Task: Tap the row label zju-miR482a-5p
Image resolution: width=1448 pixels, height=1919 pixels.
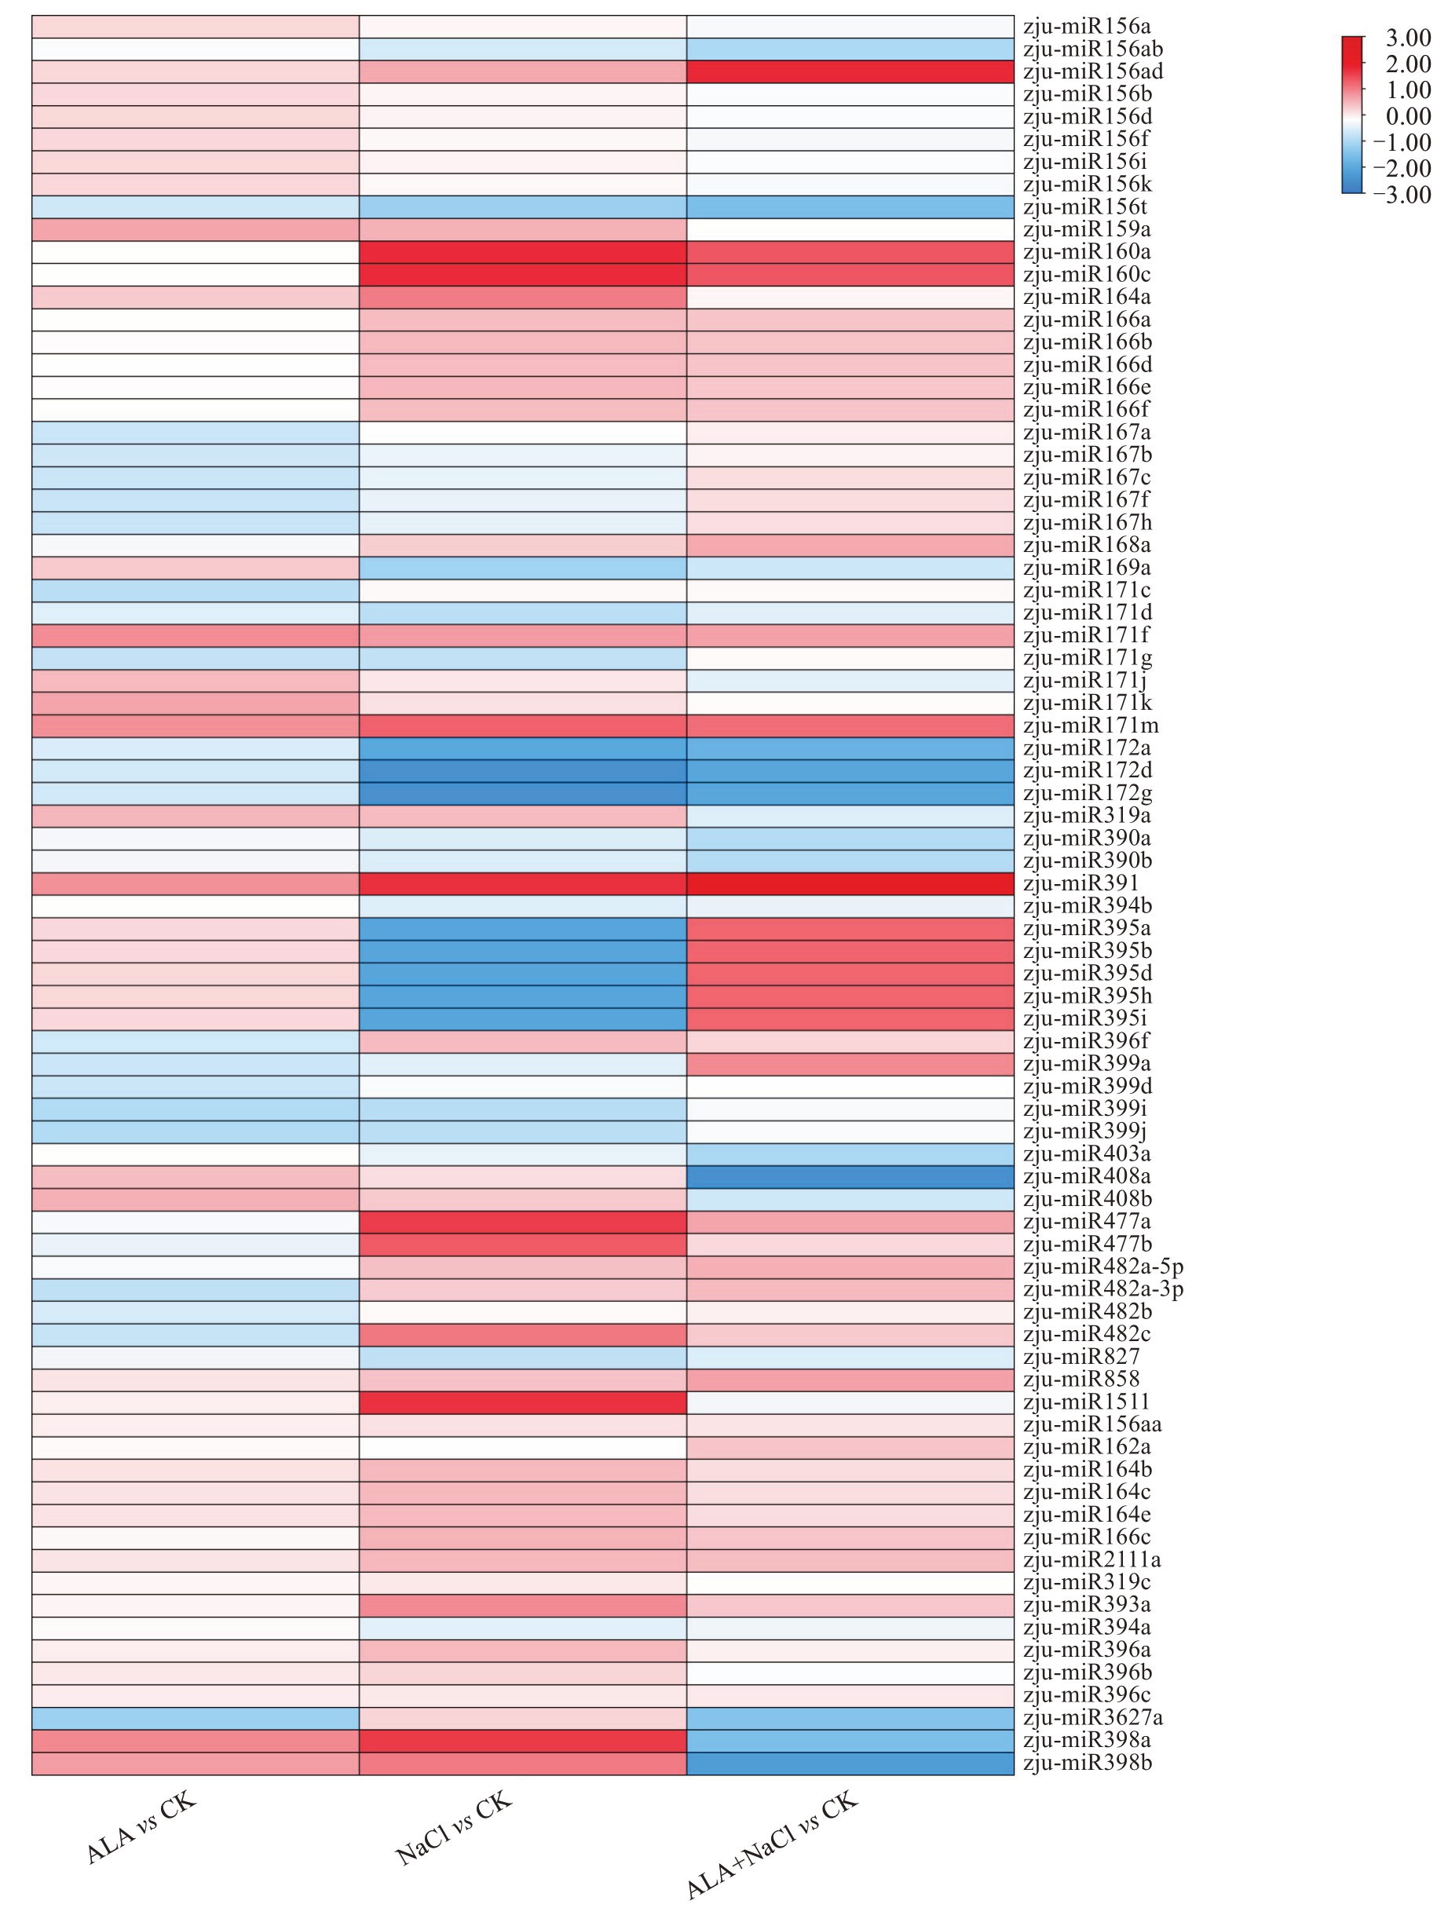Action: point(1102,1267)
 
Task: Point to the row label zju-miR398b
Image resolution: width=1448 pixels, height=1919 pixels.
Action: point(1087,1764)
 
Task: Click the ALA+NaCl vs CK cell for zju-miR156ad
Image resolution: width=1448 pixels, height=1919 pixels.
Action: point(850,72)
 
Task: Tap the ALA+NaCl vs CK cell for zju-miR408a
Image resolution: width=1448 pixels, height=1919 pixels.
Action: point(850,1177)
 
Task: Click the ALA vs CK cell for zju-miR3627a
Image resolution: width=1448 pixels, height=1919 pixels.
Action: point(196,1719)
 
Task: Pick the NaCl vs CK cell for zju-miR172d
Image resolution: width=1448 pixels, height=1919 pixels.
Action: point(522,771)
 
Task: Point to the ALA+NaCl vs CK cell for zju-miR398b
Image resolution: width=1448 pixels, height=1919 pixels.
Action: point(850,1764)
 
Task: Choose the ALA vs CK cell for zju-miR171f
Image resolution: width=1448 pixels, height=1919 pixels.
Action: point(196,636)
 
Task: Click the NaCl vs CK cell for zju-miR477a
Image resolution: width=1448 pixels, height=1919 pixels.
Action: point(522,1223)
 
